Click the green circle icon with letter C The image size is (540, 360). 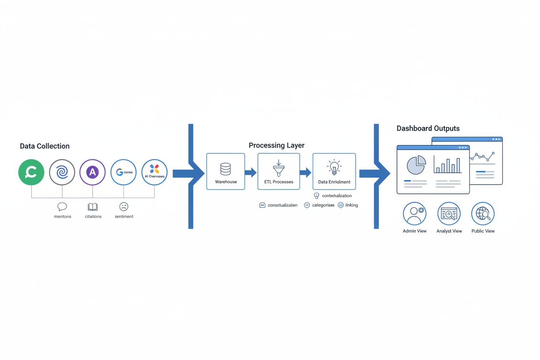[x=31, y=172]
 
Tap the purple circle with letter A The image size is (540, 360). [x=93, y=172]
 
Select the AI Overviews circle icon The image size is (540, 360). [x=154, y=172]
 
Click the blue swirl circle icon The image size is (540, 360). [x=62, y=172]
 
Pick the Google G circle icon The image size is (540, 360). [x=123, y=172]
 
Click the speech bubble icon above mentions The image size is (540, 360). [x=62, y=206]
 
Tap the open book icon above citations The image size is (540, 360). [x=93, y=207]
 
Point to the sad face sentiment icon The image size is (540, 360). [x=124, y=207]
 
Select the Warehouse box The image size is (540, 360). [x=225, y=171]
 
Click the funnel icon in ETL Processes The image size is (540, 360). [x=278, y=167]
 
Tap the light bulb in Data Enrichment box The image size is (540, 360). [x=334, y=167]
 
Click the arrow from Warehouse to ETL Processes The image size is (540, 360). [x=251, y=173]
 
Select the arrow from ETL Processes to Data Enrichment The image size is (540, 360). [x=305, y=173]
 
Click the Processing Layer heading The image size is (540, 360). [x=276, y=145]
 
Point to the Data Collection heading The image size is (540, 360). [x=45, y=146]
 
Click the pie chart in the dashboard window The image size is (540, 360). [x=416, y=165]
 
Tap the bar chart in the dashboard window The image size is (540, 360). [x=447, y=165]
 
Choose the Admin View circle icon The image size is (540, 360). [x=415, y=213]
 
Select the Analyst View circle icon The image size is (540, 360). [x=449, y=213]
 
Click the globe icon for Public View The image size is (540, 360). [x=482, y=213]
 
